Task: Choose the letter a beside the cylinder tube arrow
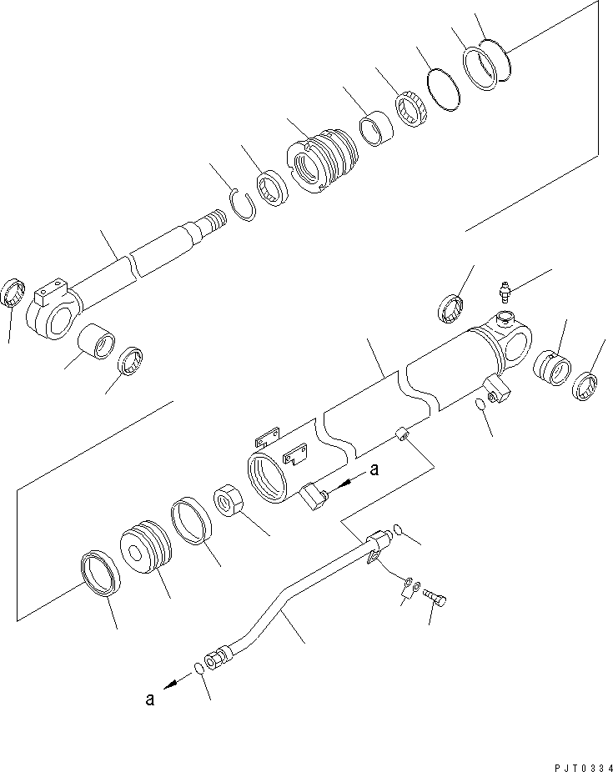tap(374, 470)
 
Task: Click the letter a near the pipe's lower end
tap(150, 699)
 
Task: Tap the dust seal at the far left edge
tap(12, 293)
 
